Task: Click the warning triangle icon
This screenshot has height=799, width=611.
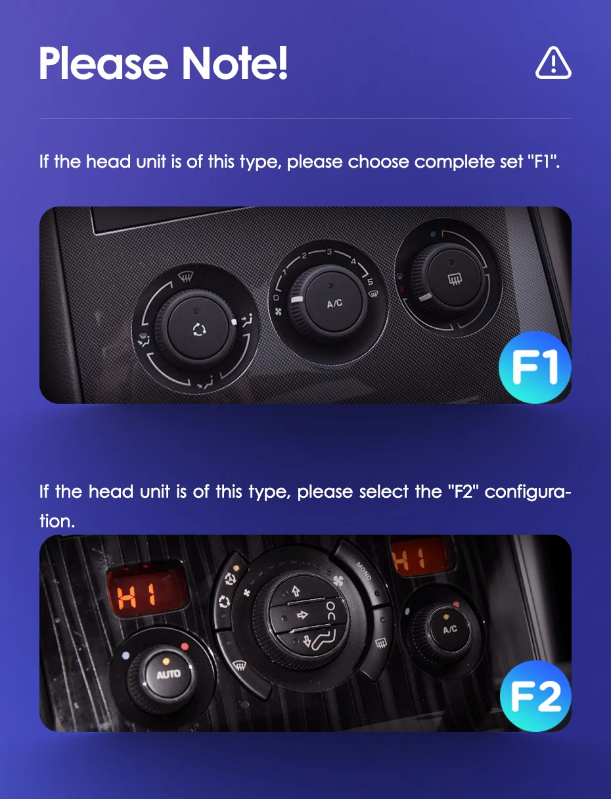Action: click(x=553, y=62)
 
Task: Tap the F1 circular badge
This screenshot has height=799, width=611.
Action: click(x=535, y=368)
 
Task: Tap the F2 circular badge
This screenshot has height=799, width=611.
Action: click(x=535, y=696)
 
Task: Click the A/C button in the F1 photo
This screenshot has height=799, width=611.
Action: click(x=334, y=303)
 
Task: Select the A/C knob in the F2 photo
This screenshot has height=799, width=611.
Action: click(x=449, y=629)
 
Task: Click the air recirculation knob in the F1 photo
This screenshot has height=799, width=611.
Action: click(x=198, y=329)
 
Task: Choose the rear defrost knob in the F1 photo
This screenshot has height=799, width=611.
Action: click(x=454, y=279)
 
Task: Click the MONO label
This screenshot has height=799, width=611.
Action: click(x=364, y=571)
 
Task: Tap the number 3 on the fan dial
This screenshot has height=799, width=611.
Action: click(x=329, y=251)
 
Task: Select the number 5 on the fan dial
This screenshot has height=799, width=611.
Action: click(x=371, y=281)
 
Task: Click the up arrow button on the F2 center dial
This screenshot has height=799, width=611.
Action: click(x=296, y=591)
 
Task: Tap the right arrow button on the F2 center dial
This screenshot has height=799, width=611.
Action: click(x=302, y=615)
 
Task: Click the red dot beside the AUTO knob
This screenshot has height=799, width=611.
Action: click(x=185, y=646)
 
